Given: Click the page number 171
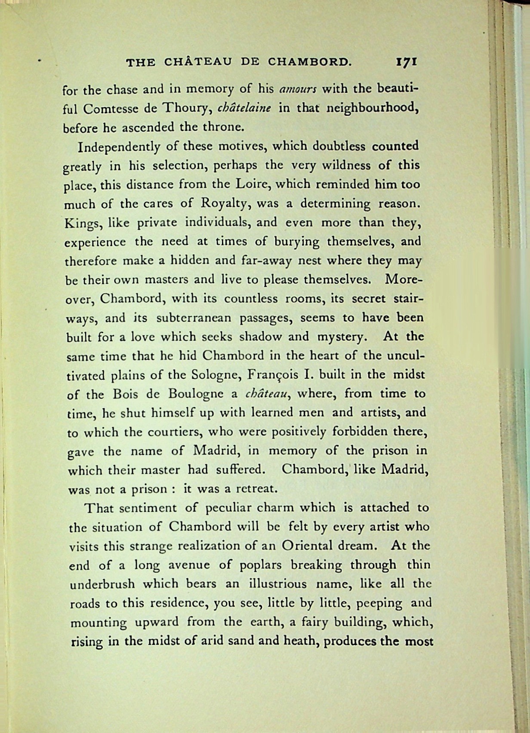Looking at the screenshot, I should (406, 62).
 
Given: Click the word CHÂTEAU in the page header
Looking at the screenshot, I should (197, 62).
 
